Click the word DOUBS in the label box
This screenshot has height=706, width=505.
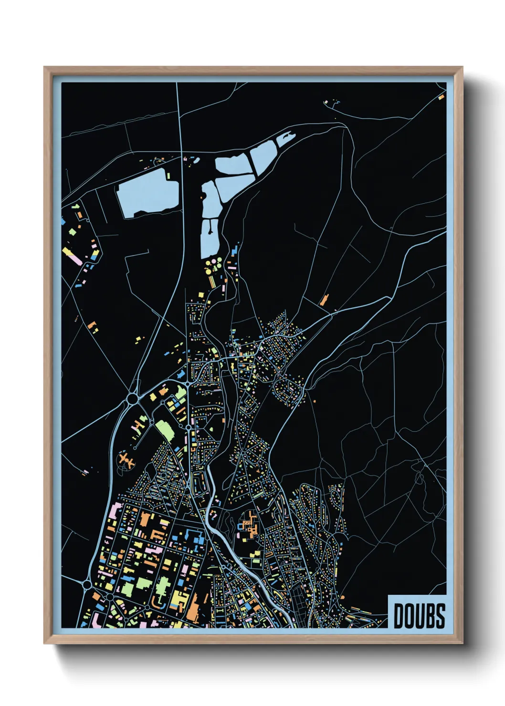(419, 615)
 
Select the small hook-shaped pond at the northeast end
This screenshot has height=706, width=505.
(285, 138)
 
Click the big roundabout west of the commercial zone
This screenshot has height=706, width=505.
(132, 398)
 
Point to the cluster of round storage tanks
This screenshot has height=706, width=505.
(213, 263)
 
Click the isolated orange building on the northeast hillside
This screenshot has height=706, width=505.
(324, 300)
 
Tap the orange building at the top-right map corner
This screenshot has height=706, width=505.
(441, 97)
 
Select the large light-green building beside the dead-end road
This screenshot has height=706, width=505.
(165, 430)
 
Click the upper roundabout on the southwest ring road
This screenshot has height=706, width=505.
(87, 584)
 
